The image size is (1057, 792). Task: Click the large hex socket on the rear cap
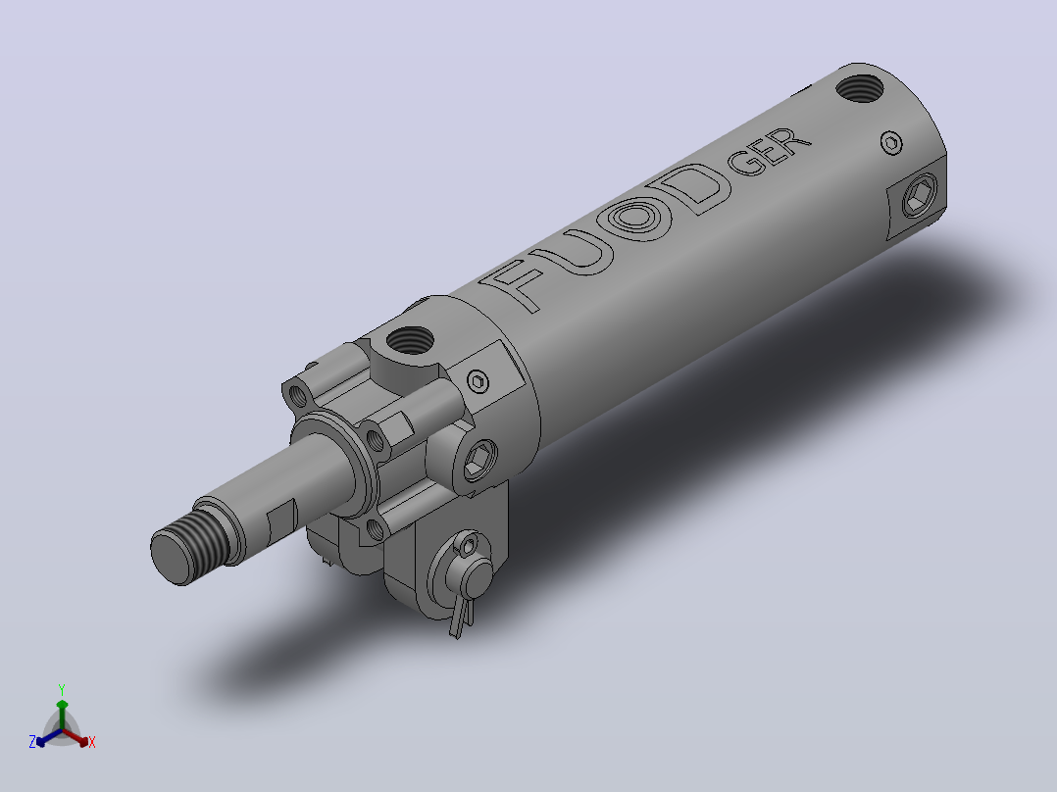[918, 195]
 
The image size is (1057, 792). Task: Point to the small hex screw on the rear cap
[892, 143]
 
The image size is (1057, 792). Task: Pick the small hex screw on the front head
[478, 381]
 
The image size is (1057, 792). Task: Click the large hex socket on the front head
[479, 461]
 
